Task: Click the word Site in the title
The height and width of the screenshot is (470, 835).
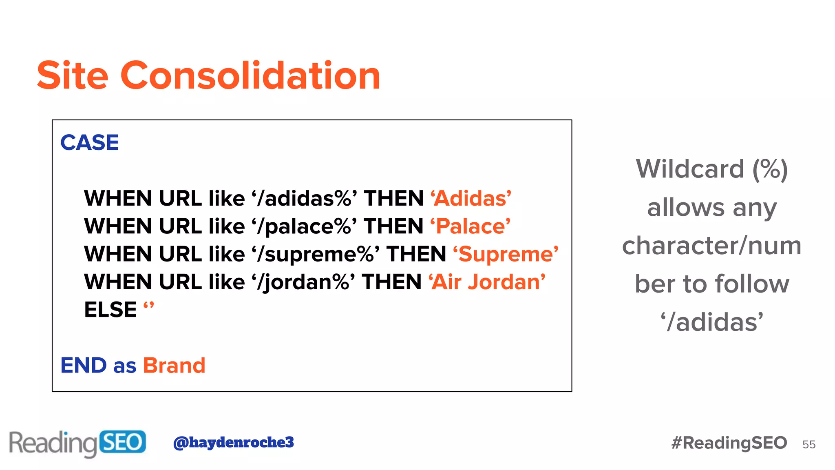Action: [x=73, y=75]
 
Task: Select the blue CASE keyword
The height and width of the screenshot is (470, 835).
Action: [x=89, y=143]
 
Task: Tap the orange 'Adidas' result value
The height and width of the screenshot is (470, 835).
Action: [x=471, y=199]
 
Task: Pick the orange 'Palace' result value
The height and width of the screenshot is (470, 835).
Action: [x=471, y=226]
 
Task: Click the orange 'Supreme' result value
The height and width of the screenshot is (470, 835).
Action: [x=506, y=254]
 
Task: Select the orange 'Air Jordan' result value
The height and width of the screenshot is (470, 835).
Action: [x=487, y=282]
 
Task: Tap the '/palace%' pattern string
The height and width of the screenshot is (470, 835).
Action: [x=304, y=226]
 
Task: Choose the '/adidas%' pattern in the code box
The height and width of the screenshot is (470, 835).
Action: [x=304, y=199]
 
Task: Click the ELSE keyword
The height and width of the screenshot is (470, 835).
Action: [x=110, y=310]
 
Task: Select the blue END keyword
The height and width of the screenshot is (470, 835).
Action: [x=84, y=365]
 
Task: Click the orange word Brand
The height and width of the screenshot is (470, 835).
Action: [x=174, y=365]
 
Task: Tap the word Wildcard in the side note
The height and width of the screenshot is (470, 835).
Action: [x=690, y=169]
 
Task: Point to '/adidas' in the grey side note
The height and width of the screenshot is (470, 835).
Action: [x=712, y=322]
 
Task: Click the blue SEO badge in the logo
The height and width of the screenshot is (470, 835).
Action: [x=122, y=442]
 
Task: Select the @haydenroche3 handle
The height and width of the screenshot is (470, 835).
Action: [x=233, y=442]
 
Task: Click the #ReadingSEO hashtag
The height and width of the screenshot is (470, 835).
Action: [x=729, y=443]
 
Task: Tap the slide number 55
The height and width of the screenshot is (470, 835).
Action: [x=809, y=445]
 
